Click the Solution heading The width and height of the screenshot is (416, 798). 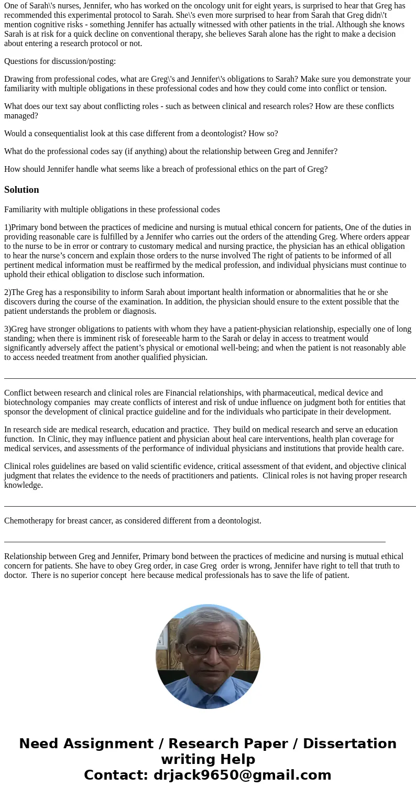pos(21,190)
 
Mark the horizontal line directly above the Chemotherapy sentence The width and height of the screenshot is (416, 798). pos(210,507)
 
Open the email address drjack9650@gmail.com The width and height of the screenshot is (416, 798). pos(242,775)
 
